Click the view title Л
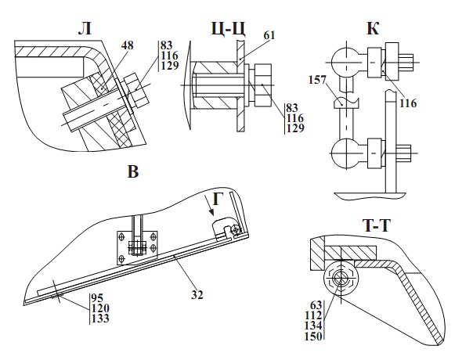click(85, 29)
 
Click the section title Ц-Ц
click(229, 29)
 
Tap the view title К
click(373, 28)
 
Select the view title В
click(133, 171)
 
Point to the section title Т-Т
click(377, 225)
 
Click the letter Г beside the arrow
click(218, 199)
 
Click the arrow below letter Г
click(209, 205)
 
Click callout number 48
click(126, 45)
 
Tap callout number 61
click(269, 35)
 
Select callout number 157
click(317, 80)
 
